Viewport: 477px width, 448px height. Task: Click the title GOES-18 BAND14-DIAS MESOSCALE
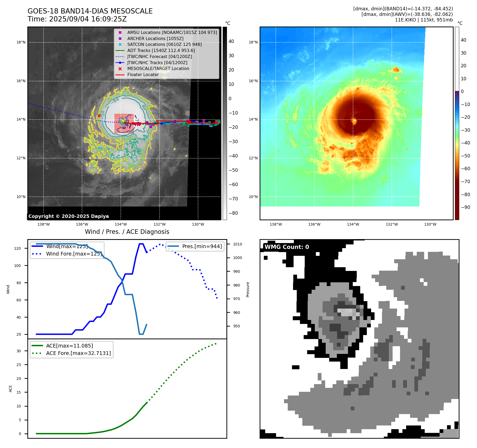pyautogui.click(x=90, y=11)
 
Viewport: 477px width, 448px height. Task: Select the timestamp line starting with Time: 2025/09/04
pyautogui.click(x=77, y=19)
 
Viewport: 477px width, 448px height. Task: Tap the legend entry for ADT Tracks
pyautogui.click(x=161, y=50)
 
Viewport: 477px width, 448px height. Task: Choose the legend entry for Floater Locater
pyautogui.click(x=143, y=74)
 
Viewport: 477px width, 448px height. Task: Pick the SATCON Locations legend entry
pyautogui.click(x=164, y=44)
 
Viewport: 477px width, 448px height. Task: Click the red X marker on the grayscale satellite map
pyautogui.click(x=99, y=116)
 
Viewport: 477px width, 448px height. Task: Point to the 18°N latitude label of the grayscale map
pyautogui.click(x=21, y=42)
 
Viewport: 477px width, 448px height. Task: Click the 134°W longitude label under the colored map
pyautogui.click(x=353, y=224)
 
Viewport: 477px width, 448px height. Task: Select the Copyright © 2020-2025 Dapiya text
pyautogui.click(x=68, y=216)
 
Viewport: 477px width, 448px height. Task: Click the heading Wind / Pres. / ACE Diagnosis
pyautogui.click(x=127, y=232)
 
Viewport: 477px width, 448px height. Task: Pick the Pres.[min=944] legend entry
pyautogui.click(x=202, y=246)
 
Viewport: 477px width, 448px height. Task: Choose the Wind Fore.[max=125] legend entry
pyautogui.click(x=74, y=254)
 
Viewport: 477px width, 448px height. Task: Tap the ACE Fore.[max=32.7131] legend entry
pyautogui.click(x=78, y=353)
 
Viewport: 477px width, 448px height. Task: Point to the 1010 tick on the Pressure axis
pyautogui.click(x=238, y=244)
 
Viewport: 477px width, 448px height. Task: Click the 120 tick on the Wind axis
pyautogui.click(x=18, y=248)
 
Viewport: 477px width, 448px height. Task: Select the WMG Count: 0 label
pyautogui.click(x=287, y=247)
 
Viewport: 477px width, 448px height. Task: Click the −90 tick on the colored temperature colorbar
pyautogui.click(x=465, y=207)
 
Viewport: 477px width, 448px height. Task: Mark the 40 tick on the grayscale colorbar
pyautogui.click(x=231, y=41)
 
